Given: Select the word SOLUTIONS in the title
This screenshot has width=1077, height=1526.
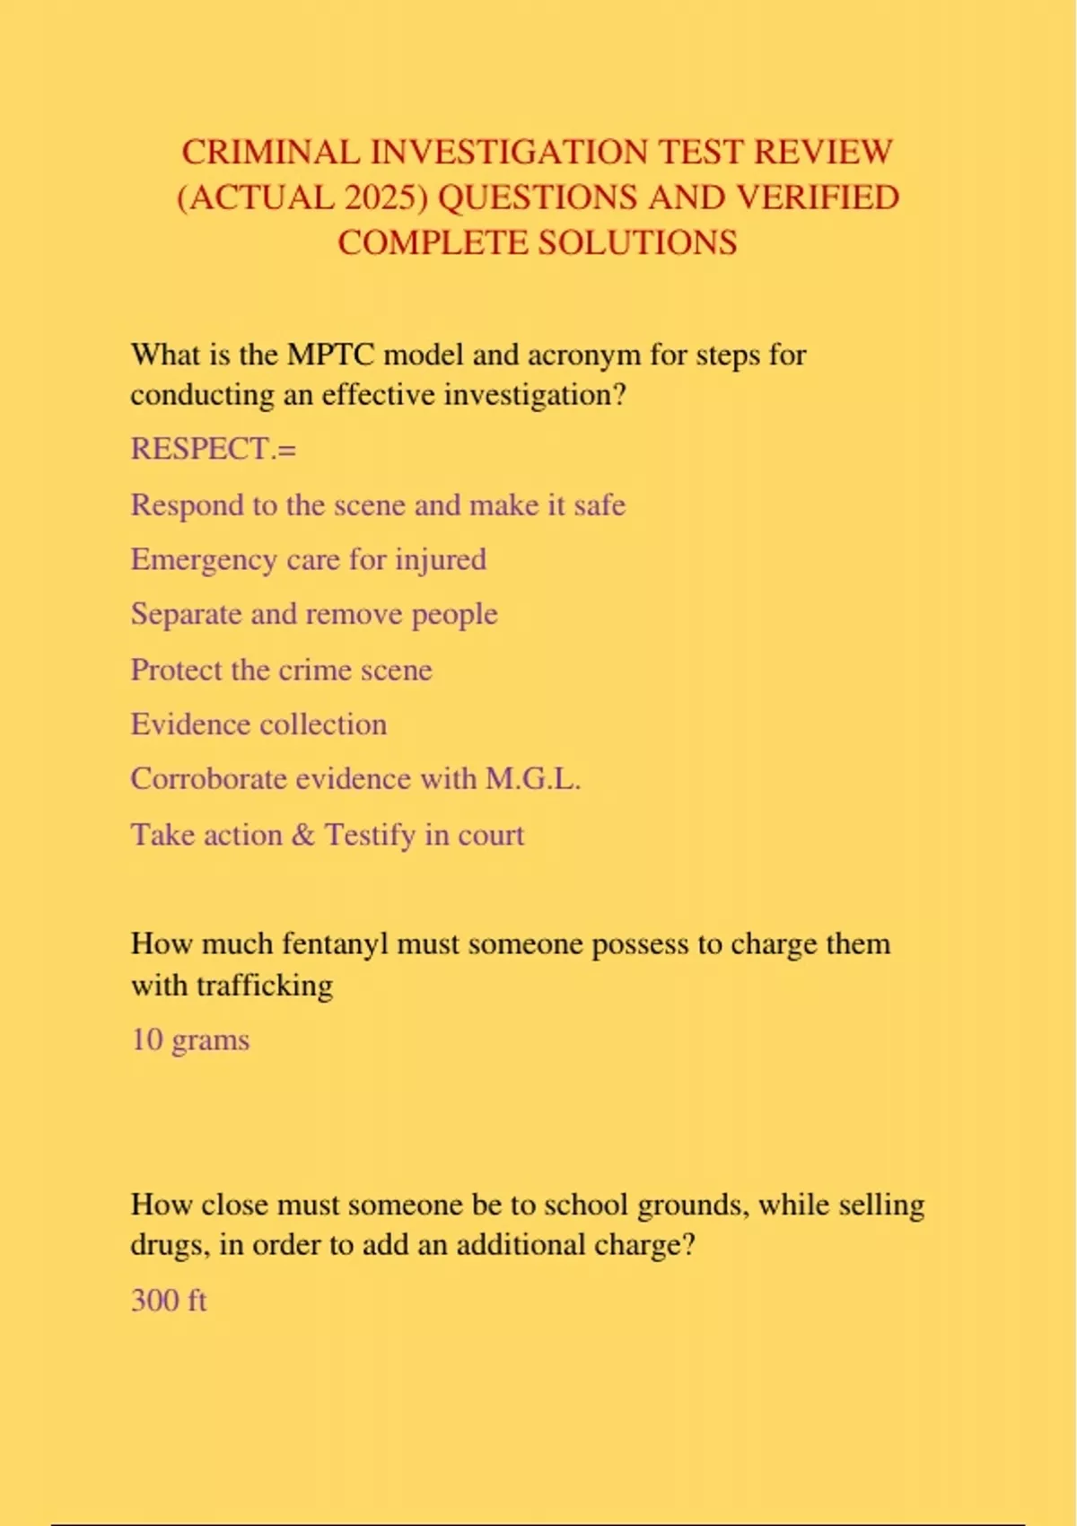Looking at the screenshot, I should tap(637, 243).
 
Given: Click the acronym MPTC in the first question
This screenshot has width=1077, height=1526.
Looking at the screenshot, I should tap(329, 355).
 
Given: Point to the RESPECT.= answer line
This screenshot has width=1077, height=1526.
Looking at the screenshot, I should tap(213, 448).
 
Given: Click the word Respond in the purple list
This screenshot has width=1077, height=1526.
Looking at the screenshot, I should tap(187, 505).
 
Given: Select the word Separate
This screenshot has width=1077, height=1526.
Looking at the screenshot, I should tap(186, 615).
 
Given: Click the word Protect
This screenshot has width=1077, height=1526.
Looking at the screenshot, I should tap(176, 670).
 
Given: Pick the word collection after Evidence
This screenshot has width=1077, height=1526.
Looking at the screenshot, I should tap(323, 724).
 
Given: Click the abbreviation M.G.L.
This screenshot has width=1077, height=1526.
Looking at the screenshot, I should tap(533, 778).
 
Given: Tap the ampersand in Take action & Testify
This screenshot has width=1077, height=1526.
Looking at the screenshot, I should tap(303, 835).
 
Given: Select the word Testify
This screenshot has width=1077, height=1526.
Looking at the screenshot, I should tap(370, 835).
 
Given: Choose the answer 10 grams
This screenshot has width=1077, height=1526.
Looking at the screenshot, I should tap(190, 1040).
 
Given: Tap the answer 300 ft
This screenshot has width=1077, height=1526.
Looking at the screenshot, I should tap(169, 1301).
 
